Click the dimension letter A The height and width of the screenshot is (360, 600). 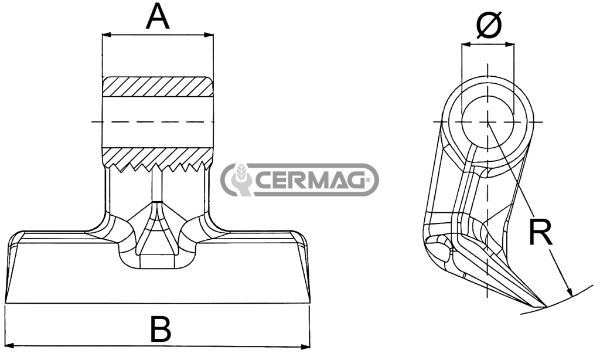pos(157,17)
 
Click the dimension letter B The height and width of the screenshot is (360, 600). pos(161,328)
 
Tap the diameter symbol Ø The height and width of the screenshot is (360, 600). pos(489,25)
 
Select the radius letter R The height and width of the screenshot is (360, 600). pos(541,232)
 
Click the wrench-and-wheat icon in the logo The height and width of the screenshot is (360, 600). pos(238,179)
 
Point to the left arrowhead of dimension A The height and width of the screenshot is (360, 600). pos(107,35)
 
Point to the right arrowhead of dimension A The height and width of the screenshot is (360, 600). pos(209,35)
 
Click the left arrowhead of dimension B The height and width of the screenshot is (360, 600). pos(9,345)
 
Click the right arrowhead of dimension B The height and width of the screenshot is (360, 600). pos(305,347)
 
